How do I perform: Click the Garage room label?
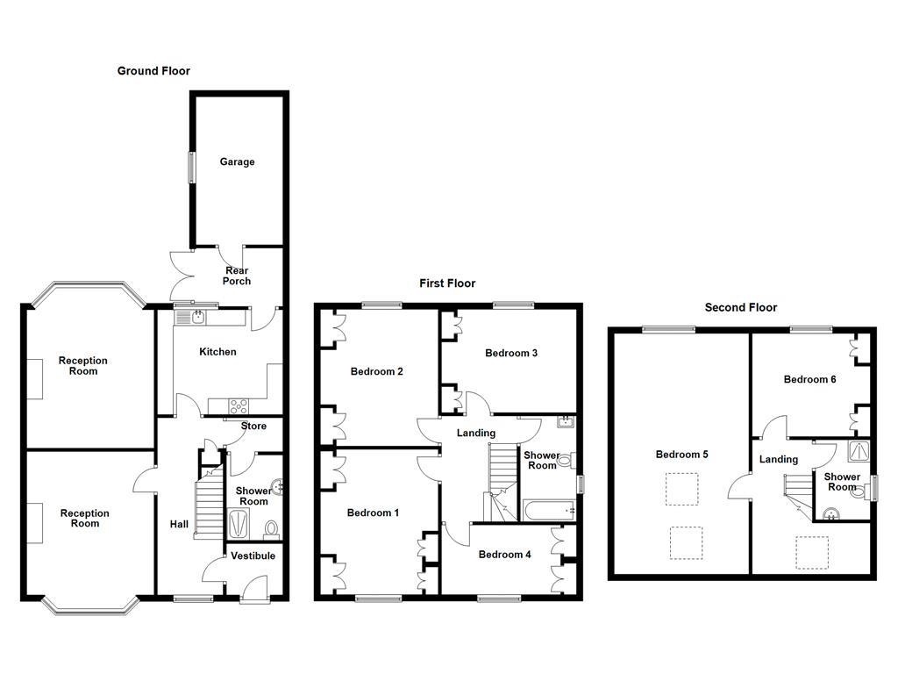click(237, 162)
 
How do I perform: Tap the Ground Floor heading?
click(153, 71)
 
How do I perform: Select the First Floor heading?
click(447, 283)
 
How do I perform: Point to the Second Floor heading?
click(741, 308)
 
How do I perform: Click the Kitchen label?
click(217, 352)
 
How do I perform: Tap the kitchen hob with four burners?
click(239, 405)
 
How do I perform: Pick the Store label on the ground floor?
click(253, 427)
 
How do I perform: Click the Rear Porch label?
click(237, 276)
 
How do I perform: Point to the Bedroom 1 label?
click(373, 513)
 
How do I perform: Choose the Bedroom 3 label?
click(511, 354)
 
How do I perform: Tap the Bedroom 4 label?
click(504, 555)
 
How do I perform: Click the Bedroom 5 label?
click(681, 455)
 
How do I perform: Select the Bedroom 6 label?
click(809, 380)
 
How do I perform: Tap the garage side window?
click(191, 168)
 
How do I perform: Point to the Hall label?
click(179, 525)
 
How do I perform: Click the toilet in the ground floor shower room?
click(272, 528)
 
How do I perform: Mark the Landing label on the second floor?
click(778, 460)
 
